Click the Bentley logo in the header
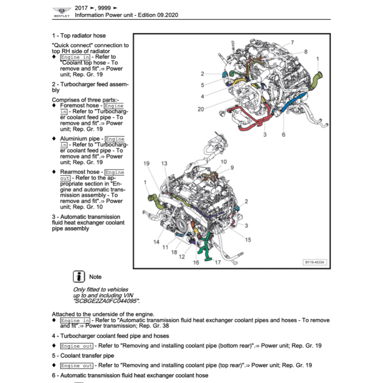pos(62,12)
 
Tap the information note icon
pos(79,276)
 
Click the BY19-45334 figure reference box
pos(315,262)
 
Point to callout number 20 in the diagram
pos(201,109)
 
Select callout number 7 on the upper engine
pos(292,43)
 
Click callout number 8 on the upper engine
pos(306,52)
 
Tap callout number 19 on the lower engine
pos(146,163)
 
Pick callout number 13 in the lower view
pos(164,163)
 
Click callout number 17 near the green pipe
pos(218,262)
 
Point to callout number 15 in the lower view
pos(248,240)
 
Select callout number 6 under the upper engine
pos(284,135)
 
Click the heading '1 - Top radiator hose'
pos(79,36)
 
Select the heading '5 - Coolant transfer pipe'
pos(83,356)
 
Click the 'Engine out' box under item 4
pos(76,346)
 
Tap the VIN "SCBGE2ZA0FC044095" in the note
pos(106,301)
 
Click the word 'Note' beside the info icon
pos(95,277)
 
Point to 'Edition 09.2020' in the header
pos(158,15)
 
